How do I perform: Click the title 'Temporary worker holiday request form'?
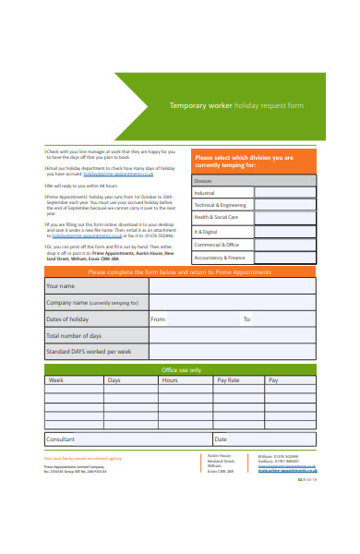pos(235,105)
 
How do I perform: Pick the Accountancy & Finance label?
pos(220,258)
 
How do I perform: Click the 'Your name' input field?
pos(231,286)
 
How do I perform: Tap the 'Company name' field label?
pos(92,303)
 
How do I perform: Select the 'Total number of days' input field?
pos(231,336)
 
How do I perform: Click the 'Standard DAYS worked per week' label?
pos(89,352)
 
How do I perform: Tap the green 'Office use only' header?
pos(180,369)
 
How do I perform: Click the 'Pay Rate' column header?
pos(228,380)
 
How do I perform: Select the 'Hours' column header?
pos(170,380)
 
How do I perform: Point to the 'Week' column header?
pos(56,380)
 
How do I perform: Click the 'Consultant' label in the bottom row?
pos(61,440)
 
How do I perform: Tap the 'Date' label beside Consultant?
pos(221,440)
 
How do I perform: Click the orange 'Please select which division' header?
pos(253,162)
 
